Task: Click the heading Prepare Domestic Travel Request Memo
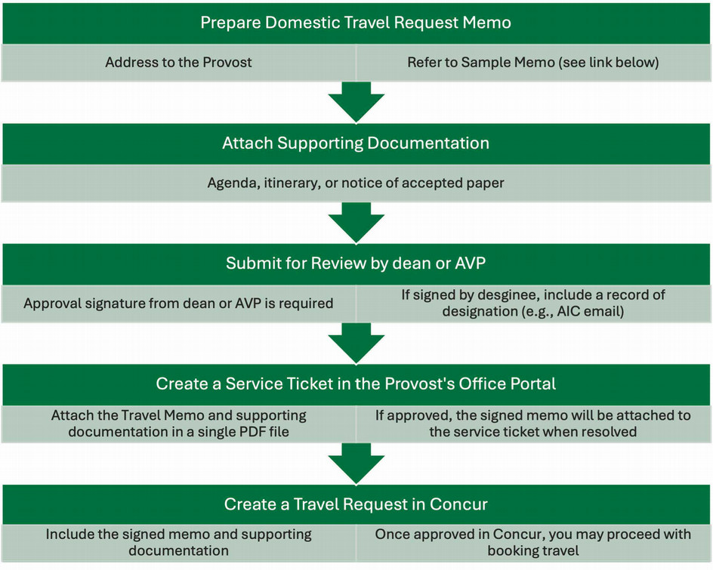point(356,23)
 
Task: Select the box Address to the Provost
point(178,63)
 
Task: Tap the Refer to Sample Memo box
point(533,63)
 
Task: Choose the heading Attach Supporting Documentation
point(356,143)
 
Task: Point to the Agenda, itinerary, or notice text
point(356,183)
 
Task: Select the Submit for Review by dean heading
point(356,263)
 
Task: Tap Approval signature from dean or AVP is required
point(178,303)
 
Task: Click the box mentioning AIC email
point(533,303)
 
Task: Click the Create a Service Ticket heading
point(356,384)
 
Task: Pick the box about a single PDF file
point(178,424)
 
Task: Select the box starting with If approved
point(533,424)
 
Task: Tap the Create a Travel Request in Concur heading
point(356,504)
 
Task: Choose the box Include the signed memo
point(178,542)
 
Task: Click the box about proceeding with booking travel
point(533,542)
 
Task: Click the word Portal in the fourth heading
point(532,384)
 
